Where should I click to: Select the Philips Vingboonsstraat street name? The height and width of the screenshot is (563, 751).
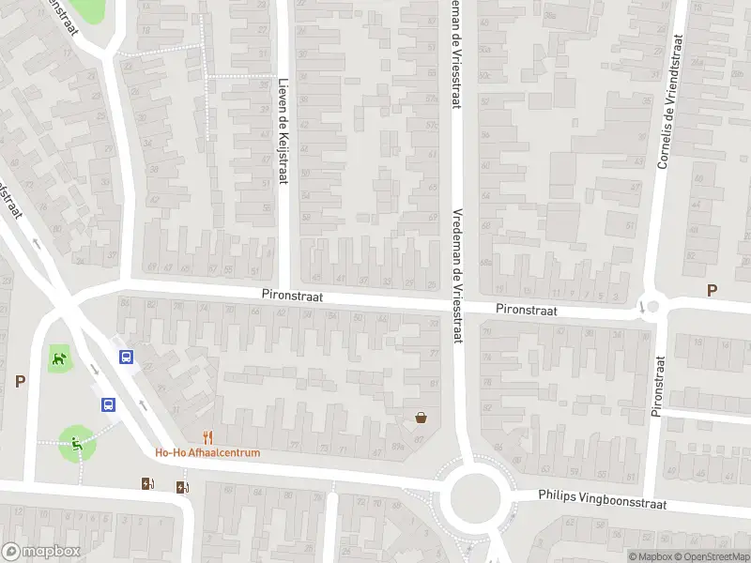(x=602, y=498)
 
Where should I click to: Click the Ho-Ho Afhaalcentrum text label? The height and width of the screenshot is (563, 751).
(x=207, y=452)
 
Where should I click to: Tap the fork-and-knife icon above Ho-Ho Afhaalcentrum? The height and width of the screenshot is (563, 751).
(x=208, y=436)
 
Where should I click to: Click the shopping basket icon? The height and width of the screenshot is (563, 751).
(x=421, y=418)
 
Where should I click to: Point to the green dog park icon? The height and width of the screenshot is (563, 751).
(x=58, y=357)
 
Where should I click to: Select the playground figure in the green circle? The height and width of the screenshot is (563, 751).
(x=74, y=443)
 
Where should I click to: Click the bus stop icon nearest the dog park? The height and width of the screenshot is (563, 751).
(x=125, y=357)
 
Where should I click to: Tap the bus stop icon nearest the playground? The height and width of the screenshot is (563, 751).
(x=109, y=405)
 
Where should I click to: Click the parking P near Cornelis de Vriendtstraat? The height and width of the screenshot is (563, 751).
(x=712, y=291)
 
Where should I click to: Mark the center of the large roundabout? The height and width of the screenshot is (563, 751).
(x=475, y=496)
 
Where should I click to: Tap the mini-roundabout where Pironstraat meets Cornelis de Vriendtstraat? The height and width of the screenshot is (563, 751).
(x=651, y=306)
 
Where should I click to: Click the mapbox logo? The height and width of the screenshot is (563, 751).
(x=39, y=552)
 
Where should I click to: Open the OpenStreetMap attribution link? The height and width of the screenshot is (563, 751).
(x=710, y=556)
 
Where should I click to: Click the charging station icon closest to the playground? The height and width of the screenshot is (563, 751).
(x=146, y=484)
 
